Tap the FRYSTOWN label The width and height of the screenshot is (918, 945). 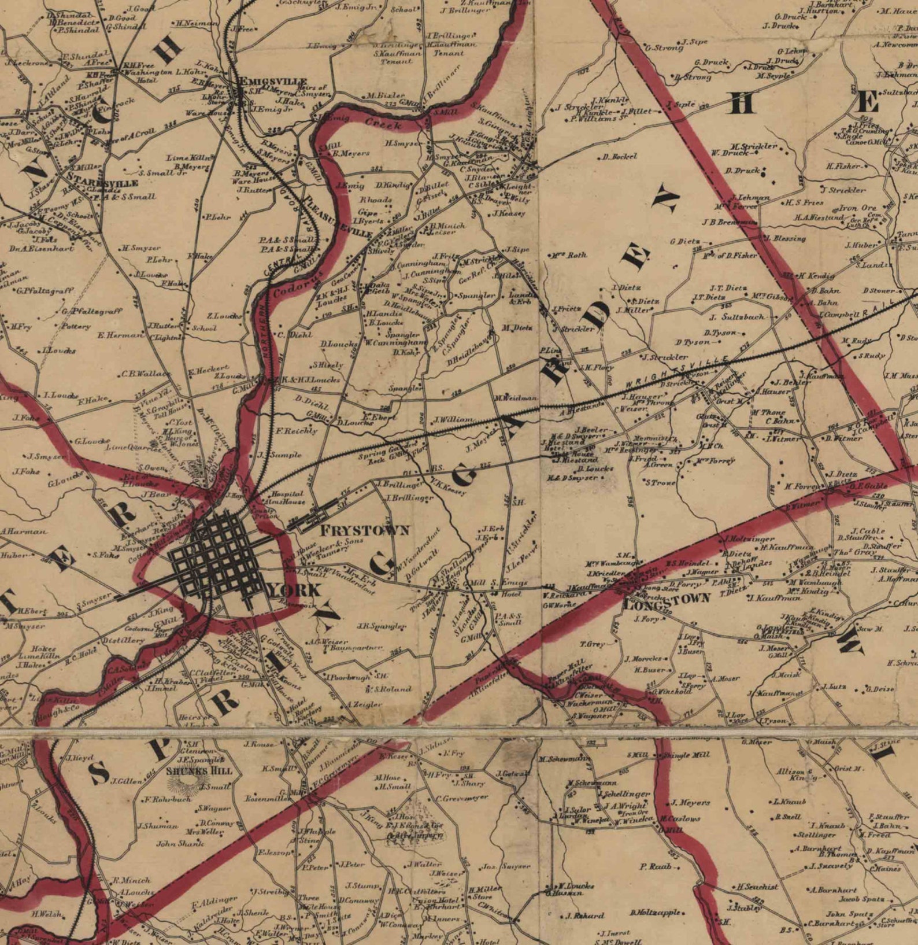click(365, 530)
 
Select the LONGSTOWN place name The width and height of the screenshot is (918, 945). click(667, 599)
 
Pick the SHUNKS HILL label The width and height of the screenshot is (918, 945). click(198, 770)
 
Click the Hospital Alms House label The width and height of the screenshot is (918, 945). click(287, 498)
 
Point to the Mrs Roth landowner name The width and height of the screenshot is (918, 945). click(569, 254)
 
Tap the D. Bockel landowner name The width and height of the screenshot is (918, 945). click(619, 156)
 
